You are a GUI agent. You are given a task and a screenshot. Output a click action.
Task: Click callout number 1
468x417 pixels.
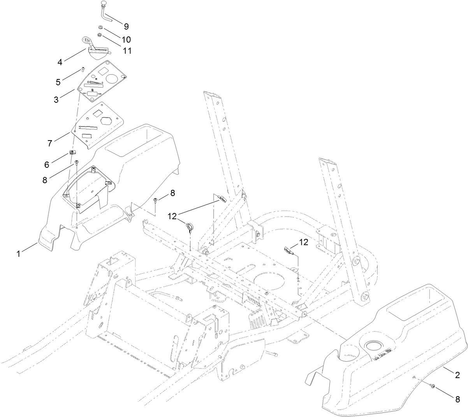point(18,253)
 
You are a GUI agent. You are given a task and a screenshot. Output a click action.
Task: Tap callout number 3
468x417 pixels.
point(56,99)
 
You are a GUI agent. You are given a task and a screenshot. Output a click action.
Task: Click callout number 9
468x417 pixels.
point(126,26)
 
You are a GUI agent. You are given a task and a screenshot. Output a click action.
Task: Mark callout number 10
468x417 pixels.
point(126,39)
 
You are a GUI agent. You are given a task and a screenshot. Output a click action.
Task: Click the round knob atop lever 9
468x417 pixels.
point(104,4)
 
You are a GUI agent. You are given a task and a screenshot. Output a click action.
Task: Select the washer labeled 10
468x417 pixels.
point(100,28)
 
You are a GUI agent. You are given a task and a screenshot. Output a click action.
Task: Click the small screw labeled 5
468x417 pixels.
point(83,70)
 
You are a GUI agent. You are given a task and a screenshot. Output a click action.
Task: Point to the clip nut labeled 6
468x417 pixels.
point(72,152)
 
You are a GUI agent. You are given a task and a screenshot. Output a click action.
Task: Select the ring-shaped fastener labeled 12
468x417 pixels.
point(190,226)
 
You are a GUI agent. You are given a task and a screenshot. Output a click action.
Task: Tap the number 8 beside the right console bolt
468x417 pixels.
point(457,399)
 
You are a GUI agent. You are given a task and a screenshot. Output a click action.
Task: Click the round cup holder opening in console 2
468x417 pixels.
point(374,346)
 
